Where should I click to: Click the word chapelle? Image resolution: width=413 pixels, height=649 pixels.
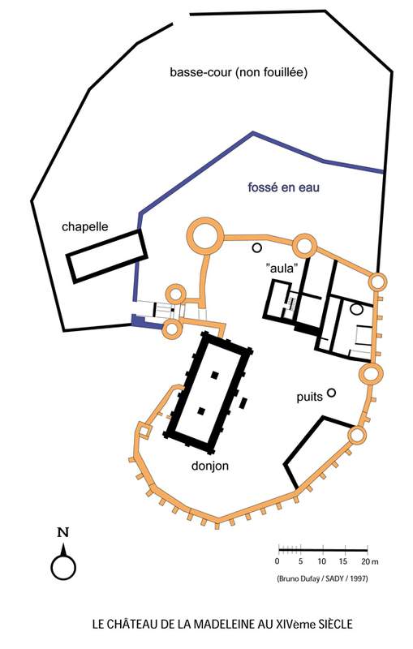click(x=85, y=227)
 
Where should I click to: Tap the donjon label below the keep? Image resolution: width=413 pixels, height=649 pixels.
click(x=210, y=466)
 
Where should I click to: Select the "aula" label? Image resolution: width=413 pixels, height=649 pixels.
click(x=282, y=268)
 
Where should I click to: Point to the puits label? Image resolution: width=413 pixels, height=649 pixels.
click(x=309, y=398)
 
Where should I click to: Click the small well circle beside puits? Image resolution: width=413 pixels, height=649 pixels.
click(x=331, y=393)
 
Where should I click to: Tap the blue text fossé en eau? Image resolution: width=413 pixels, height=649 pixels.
click(x=283, y=187)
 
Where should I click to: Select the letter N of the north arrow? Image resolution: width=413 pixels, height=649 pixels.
click(x=63, y=532)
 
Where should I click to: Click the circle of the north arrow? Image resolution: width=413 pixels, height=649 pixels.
click(x=63, y=567)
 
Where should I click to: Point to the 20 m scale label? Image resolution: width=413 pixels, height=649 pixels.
click(x=369, y=561)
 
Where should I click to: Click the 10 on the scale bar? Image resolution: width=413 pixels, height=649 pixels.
click(x=322, y=561)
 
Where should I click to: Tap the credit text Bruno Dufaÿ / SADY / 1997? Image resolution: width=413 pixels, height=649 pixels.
click(x=322, y=578)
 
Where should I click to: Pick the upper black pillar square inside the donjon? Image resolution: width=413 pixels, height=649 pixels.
click(x=214, y=375)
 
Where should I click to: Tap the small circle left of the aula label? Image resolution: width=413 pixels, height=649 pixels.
click(x=257, y=248)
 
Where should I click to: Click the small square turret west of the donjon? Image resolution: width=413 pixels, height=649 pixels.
click(x=144, y=431)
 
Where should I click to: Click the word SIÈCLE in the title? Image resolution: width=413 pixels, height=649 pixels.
click(x=336, y=624)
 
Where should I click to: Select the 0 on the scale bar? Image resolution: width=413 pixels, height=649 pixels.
click(x=277, y=561)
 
